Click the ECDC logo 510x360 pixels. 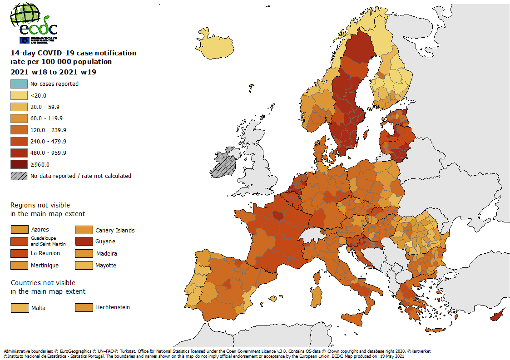(34, 23)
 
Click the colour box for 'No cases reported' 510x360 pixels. (19, 84)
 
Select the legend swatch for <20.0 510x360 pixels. (19, 95)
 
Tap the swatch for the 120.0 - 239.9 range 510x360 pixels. (19, 130)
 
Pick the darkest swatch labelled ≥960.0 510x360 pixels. (19, 164)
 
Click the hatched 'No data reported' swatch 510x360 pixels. (19, 176)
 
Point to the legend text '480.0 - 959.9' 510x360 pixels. (48, 153)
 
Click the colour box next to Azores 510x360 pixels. (19, 230)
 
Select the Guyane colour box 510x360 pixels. (83, 242)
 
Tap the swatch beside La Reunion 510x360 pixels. (19, 253)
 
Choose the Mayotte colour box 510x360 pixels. (83, 265)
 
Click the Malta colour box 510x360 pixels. (19, 308)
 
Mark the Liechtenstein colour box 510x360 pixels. (83, 307)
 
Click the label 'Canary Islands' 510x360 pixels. (115, 230)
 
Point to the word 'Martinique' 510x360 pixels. (45, 265)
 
